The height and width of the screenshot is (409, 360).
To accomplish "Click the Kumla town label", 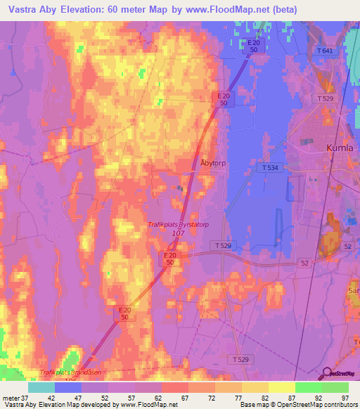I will click(340, 148).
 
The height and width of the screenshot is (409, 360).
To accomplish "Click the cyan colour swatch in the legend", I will click(41, 387).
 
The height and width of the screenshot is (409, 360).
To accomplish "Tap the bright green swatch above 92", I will click(309, 387).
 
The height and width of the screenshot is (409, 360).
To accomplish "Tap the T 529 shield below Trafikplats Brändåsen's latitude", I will click(239, 359).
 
